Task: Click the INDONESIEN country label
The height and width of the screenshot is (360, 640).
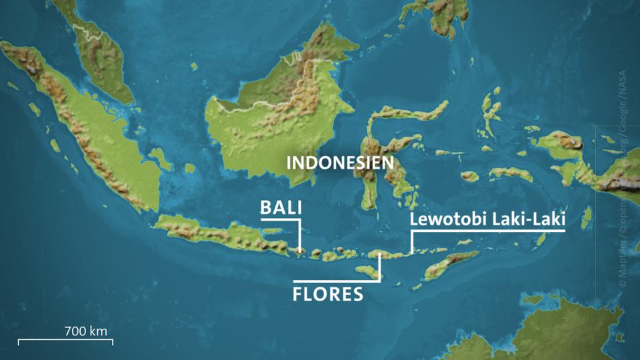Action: pyautogui.click(x=339, y=163)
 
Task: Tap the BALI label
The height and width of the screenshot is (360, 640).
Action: pyautogui.click(x=281, y=208)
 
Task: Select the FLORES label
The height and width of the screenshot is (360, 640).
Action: pyautogui.click(x=328, y=294)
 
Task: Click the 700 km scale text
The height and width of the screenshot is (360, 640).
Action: pyautogui.click(x=85, y=330)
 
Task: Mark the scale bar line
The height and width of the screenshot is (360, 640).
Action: pyautogui.click(x=65, y=341)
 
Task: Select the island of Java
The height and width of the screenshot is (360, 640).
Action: pyautogui.click(x=220, y=237)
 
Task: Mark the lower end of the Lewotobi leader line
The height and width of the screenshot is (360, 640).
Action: pyautogui.click(x=412, y=251)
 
